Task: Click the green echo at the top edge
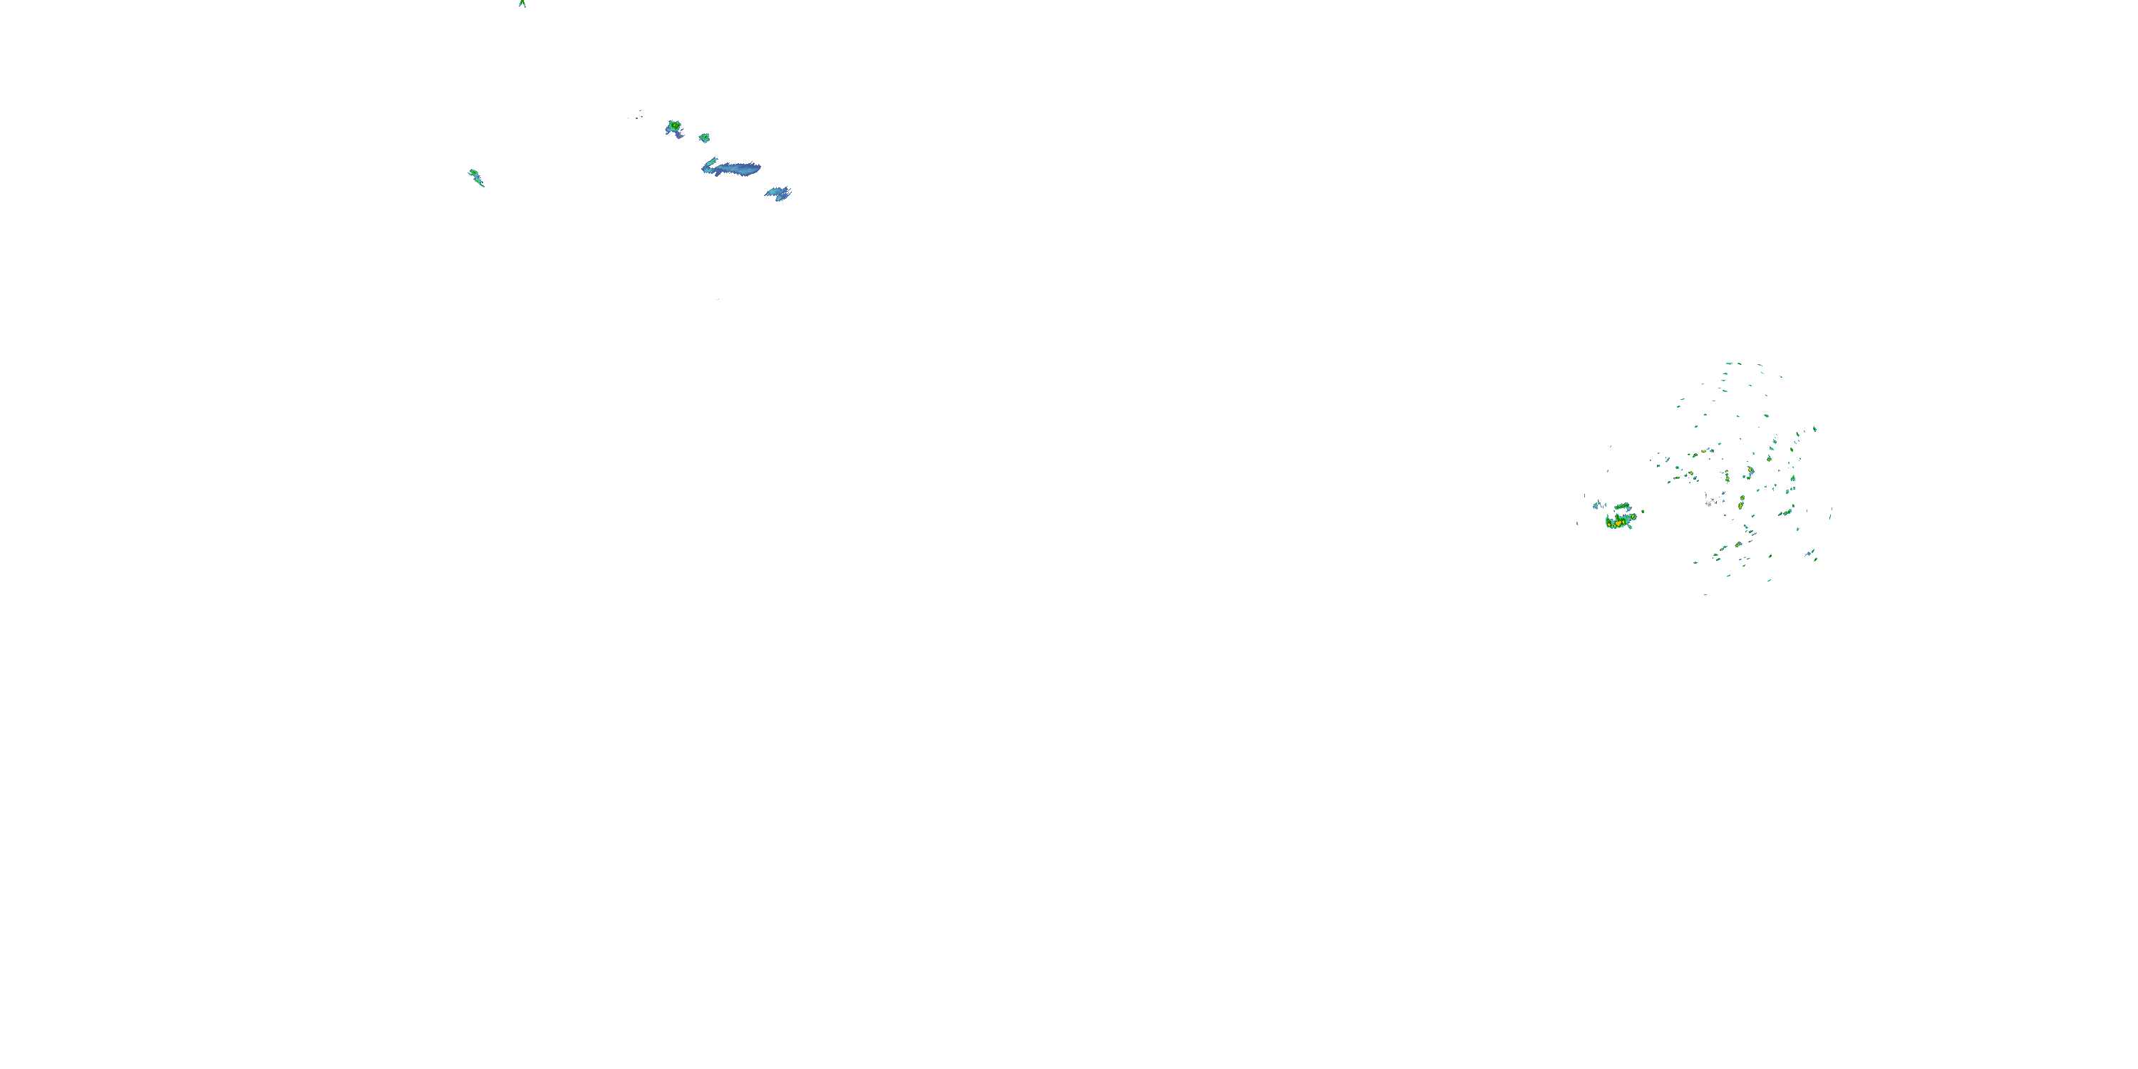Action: pyautogui.click(x=522, y=4)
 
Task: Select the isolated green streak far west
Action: pyautogui.click(x=475, y=177)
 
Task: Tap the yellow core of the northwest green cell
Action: pyautogui.click(x=675, y=125)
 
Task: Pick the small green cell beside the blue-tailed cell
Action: pyautogui.click(x=704, y=137)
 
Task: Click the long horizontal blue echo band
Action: pyautogui.click(x=734, y=168)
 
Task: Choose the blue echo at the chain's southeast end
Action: pyautogui.click(x=778, y=193)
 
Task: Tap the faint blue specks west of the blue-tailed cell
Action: pyautogui.click(x=636, y=115)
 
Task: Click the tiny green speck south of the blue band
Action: pyautogui.click(x=718, y=299)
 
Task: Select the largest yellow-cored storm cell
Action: pyautogui.click(x=1618, y=521)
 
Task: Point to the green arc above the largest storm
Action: pyautogui.click(x=1621, y=505)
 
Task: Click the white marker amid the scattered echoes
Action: pyautogui.click(x=1709, y=500)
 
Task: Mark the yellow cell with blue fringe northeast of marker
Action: pyautogui.click(x=1750, y=471)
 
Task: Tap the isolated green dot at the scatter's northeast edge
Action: pyautogui.click(x=1814, y=429)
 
